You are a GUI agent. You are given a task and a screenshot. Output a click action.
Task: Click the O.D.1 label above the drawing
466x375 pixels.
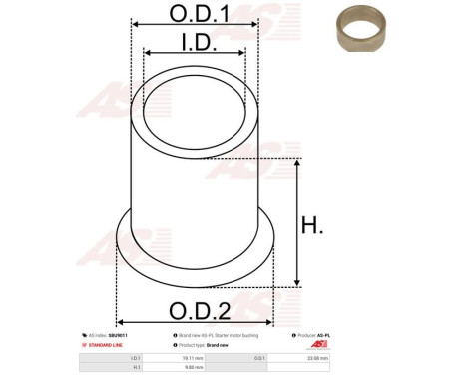point(195,15)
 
